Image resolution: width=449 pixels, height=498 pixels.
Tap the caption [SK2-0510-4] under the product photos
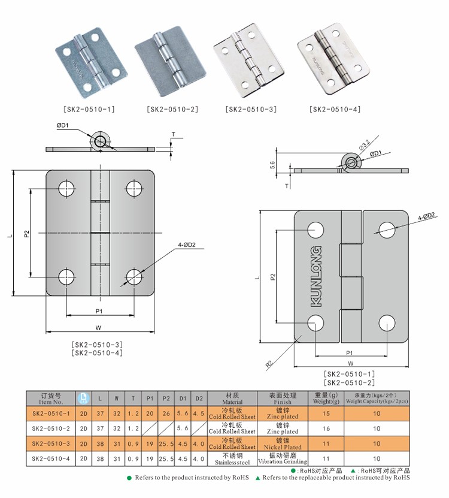[335, 109]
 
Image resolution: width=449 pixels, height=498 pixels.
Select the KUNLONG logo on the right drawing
[316, 275]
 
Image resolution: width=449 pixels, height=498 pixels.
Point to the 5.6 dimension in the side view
[272, 163]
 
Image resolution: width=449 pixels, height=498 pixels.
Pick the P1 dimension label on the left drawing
[99, 310]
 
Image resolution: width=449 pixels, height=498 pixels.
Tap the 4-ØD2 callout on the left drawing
[187, 245]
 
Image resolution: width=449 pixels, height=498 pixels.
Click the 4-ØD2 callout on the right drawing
[426, 216]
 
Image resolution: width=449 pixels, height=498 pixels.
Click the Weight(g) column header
[327, 399]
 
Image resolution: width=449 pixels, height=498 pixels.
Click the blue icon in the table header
[83, 398]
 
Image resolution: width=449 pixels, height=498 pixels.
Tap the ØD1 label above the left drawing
[63, 125]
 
